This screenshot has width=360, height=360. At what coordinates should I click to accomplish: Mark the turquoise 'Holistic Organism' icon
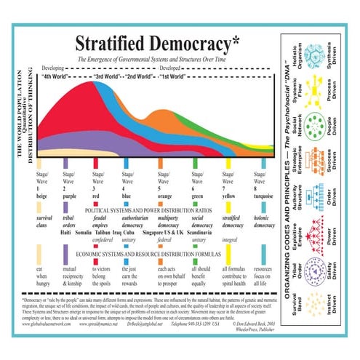click(x=315, y=56)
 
